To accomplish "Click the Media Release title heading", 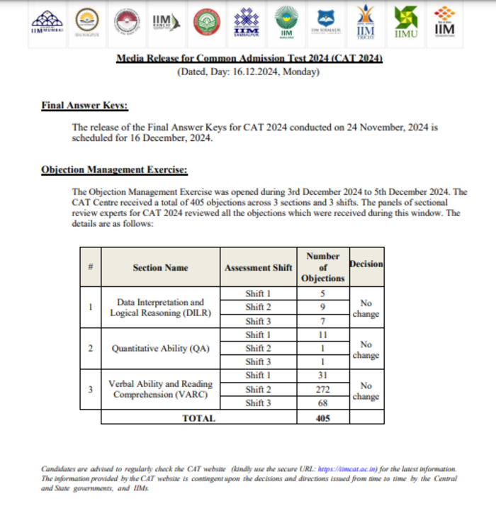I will click(249, 59).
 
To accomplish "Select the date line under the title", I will click(248, 72).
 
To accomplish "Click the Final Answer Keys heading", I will click(84, 106).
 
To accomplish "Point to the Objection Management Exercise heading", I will click(114, 170).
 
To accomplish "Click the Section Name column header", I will click(160, 268).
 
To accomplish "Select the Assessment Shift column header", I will click(258, 268).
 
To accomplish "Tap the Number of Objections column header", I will click(322, 267).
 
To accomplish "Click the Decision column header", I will click(366, 264).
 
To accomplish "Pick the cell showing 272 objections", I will click(322, 389).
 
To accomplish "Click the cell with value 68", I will click(322, 403).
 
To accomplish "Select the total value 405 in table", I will click(322, 418).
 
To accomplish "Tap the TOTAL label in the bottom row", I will click(198, 418).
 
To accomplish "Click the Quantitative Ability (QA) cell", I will click(160, 349).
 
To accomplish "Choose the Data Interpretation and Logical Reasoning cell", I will click(160, 308).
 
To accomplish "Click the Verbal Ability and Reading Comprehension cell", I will click(160, 389).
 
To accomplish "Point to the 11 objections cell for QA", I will click(322, 334).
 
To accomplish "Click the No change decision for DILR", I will click(366, 308).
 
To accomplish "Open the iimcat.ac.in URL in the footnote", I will click(348, 469).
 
